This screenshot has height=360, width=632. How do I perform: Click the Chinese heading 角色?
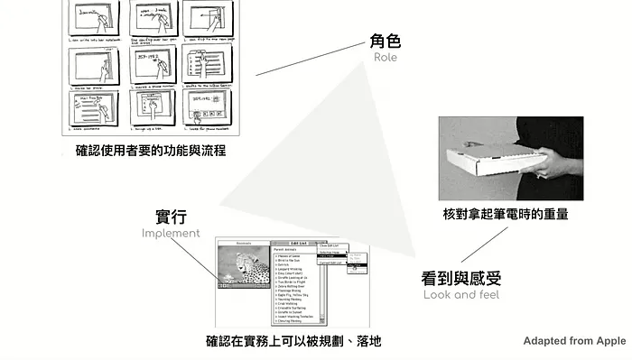click(385, 41)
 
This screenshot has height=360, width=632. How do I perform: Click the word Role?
click(385, 58)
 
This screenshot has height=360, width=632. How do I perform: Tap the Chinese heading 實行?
click(172, 217)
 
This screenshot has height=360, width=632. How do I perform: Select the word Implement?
click(171, 233)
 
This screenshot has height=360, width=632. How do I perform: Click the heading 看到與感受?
click(461, 277)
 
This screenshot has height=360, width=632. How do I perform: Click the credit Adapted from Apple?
click(574, 340)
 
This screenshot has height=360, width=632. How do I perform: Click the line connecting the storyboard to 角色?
click(307, 60)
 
